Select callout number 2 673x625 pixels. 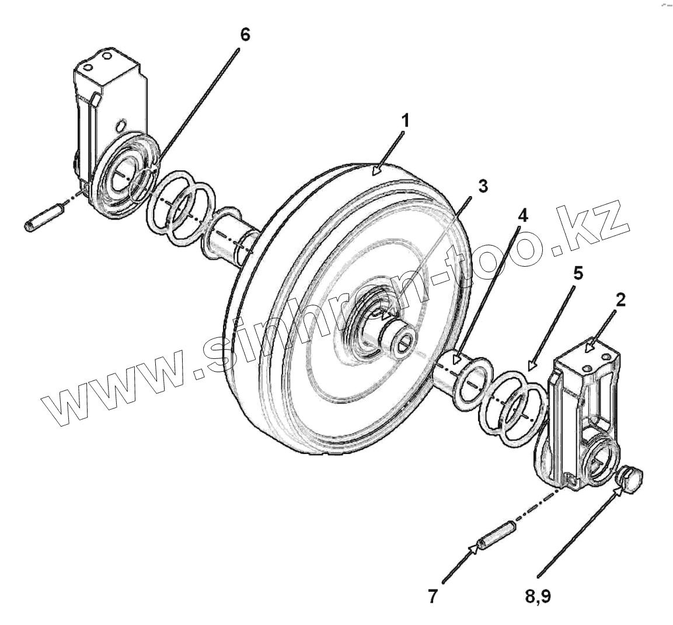[x=620, y=300]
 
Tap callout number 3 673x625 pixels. [x=482, y=186]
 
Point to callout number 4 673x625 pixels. [x=522, y=216]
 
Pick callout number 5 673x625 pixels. [x=577, y=274]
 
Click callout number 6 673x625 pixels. [x=245, y=34]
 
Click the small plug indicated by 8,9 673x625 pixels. [x=629, y=480]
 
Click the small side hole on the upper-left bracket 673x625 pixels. [x=120, y=125]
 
